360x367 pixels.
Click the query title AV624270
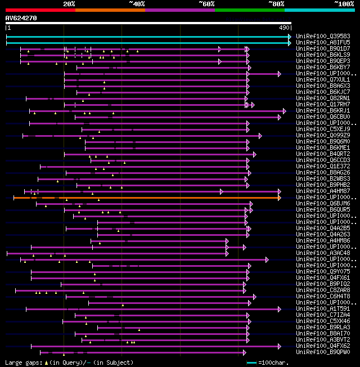coord(21,18)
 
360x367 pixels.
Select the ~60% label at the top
coord(206,4)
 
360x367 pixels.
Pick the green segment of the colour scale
coord(249,10)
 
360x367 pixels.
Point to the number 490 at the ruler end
coord(284,28)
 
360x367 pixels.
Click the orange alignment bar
coord(146,198)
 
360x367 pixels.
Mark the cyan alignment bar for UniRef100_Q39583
coord(146,36)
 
